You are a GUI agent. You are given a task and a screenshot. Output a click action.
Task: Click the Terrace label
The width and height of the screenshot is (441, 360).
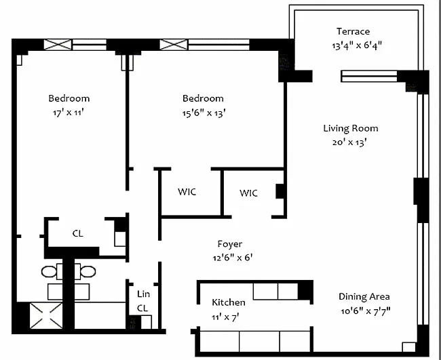(x=353, y=31)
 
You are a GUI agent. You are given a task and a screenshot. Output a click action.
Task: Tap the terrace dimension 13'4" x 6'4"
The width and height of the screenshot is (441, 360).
(x=357, y=45)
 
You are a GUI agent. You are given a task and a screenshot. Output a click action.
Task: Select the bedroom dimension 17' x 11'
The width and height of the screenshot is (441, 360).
(x=69, y=113)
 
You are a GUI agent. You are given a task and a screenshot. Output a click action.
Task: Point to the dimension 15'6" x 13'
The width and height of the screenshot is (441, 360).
(x=204, y=113)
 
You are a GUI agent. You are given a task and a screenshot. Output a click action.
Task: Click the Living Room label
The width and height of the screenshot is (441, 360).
(x=351, y=128)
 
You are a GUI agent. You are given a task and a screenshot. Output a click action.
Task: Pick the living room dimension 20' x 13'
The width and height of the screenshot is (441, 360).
(x=349, y=142)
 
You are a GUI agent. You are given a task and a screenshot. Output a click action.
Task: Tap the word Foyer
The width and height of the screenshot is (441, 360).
(x=230, y=244)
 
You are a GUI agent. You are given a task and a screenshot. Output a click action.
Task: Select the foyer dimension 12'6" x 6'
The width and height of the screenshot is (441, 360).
(x=233, y=258)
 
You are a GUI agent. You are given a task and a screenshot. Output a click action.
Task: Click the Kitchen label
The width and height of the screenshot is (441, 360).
(x=229, y=302)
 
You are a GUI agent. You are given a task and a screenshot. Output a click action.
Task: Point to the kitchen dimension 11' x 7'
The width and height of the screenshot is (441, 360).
(x=225, y=317)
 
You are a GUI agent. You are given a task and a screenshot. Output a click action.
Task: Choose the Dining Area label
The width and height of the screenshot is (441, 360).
(x=364, y=296)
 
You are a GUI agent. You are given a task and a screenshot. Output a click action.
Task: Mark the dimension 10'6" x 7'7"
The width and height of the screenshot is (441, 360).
(x=365, y=311)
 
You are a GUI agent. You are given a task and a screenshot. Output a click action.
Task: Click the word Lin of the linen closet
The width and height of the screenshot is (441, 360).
(x=143, y=294)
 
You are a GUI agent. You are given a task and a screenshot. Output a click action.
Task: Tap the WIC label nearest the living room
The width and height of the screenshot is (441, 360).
(x=248, y=193)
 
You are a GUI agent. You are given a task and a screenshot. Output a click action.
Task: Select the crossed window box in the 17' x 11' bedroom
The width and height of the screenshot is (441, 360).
(x=58, y=44)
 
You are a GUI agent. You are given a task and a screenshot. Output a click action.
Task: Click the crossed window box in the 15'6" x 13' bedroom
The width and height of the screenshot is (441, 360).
(x=174, y=44)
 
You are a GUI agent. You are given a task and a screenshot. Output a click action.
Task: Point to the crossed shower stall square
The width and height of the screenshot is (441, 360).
(x=46, y=316)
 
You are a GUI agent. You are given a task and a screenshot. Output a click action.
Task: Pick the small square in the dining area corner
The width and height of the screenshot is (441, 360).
(x=409, y=347)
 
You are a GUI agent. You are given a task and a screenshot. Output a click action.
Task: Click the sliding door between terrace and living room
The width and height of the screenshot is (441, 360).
(x=369, y=76)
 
